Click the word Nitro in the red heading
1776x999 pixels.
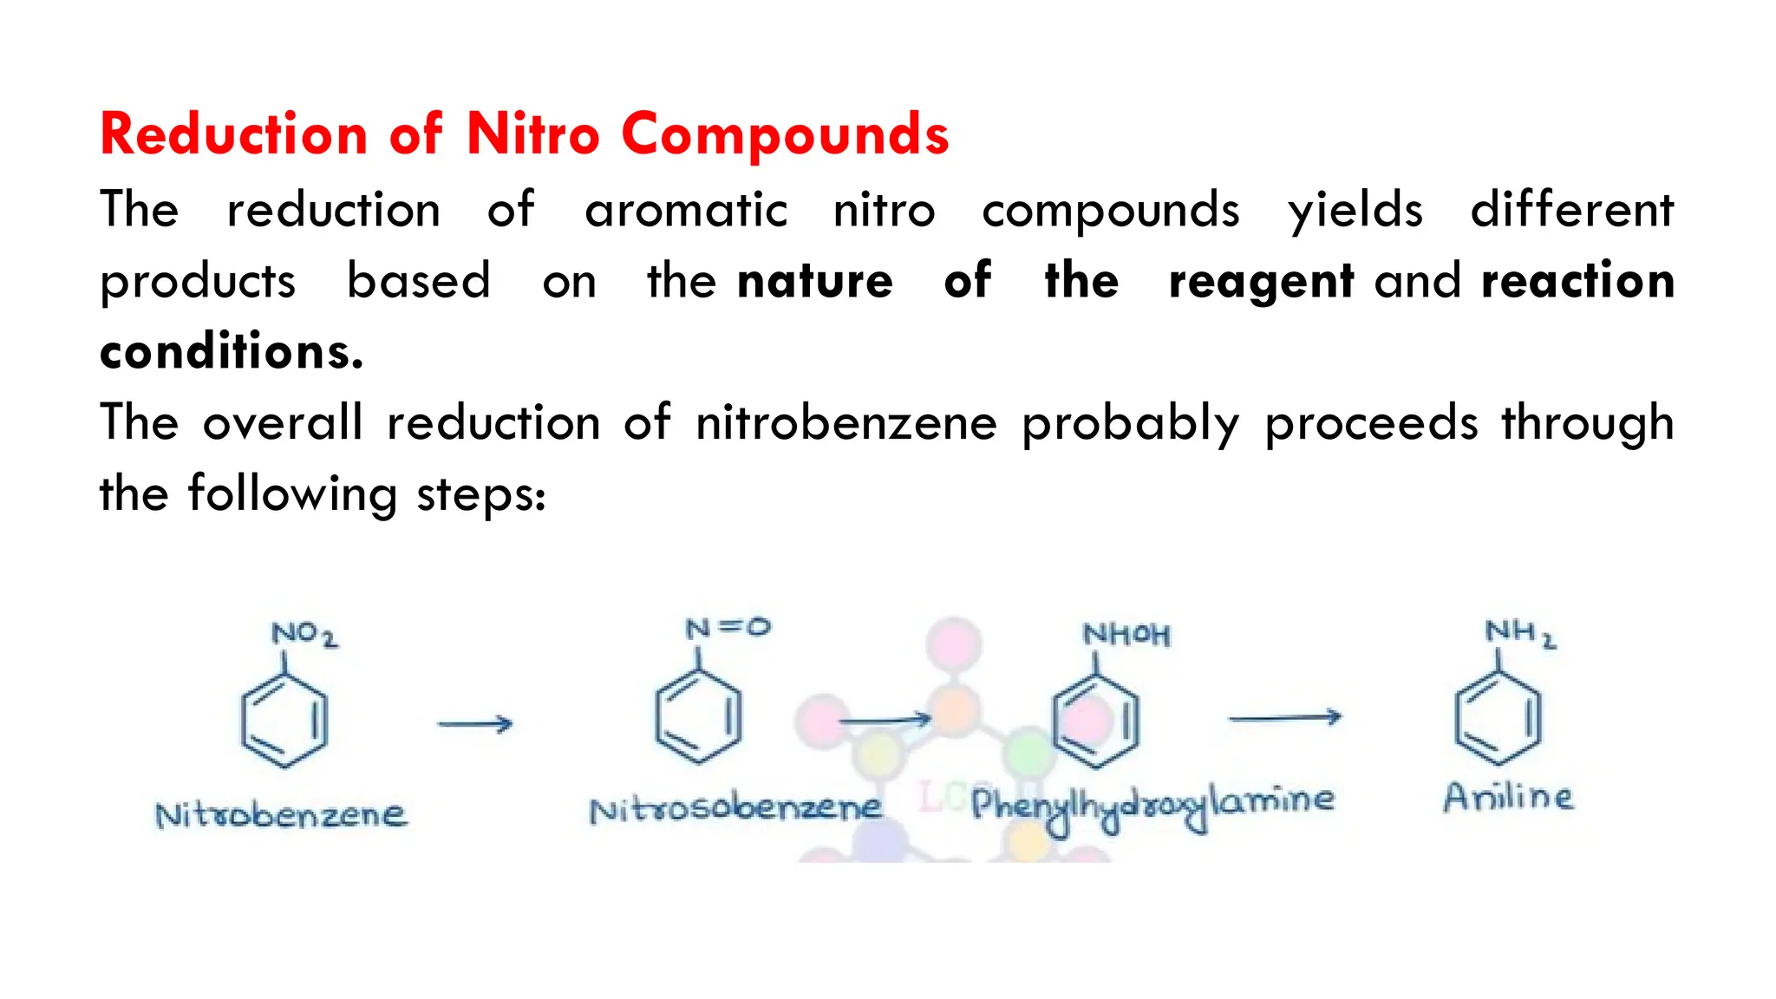tap(532, 135)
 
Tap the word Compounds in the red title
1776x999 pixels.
tap(785, 135)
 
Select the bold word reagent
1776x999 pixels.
tap(1261, 282)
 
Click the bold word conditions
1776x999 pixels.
tap(231, 352)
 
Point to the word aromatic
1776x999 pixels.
tap(686, 211)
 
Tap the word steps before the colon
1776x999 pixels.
tap(477, 496)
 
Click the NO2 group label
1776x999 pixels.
tap(304, 635)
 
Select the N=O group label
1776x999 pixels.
tap(728, 628)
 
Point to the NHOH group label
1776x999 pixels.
tap(1126, 635)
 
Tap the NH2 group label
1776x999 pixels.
tap(1520, 633)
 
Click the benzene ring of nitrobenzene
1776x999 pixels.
tap(284, 721)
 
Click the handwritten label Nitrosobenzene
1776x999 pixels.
tap(735, 809)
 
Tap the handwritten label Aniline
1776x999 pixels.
tap(1507, 797)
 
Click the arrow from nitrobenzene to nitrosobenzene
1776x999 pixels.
tap(475, 723)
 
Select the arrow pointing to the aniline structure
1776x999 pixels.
tap(1284, 717)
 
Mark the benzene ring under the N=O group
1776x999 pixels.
tap(698, 717)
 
